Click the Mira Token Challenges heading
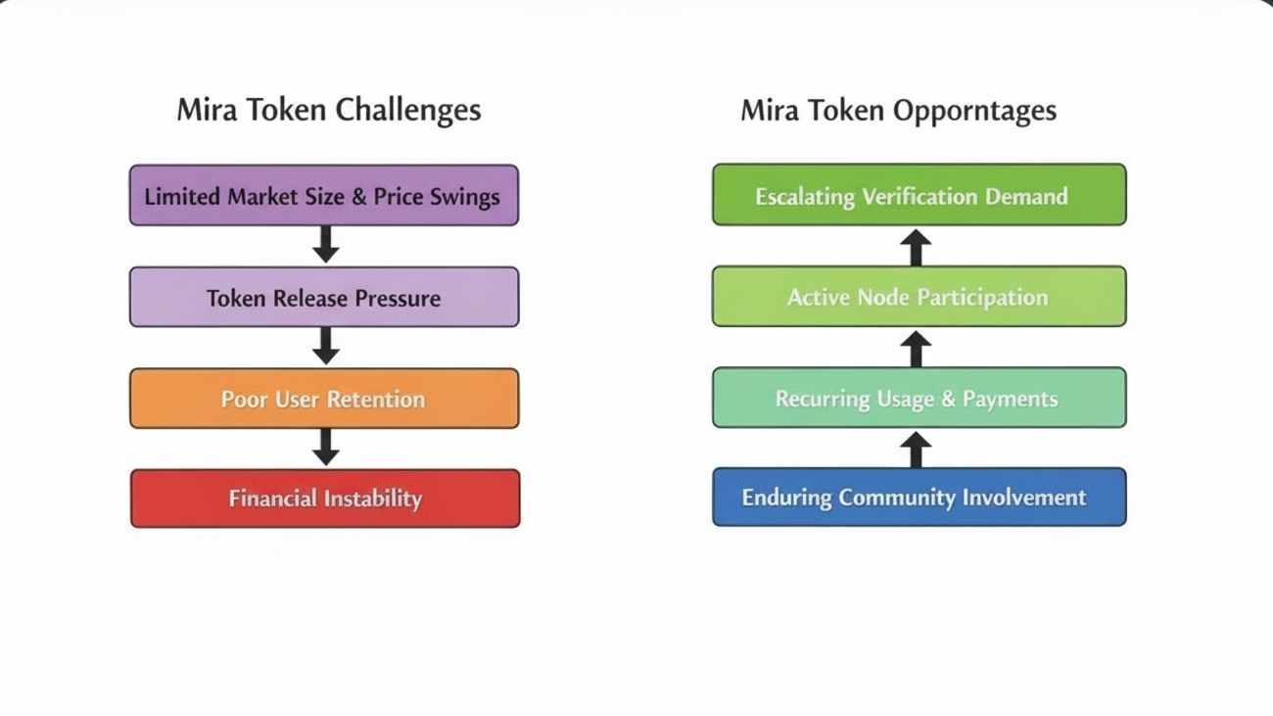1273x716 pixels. [328, 110]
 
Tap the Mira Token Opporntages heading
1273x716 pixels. [898, 110]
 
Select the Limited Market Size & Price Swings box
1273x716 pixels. [324, 196]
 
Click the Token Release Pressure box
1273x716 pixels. [324, 298]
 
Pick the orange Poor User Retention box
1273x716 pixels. [324, 399]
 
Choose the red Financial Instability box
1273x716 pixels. [325, 499]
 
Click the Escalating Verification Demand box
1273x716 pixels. [919, 196]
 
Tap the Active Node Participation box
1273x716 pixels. [919, 297]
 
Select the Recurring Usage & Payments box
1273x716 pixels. [919, 398]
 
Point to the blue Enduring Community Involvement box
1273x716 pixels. [919, 498]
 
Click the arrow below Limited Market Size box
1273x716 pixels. [326, 245]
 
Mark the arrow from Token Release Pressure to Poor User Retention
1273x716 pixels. [326, 346]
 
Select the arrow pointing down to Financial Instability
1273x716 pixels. [326, 447]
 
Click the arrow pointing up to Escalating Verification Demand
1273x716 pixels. [916, 248]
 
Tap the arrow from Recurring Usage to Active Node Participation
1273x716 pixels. [916, 349]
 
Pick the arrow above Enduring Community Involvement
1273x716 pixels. [916, 450]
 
